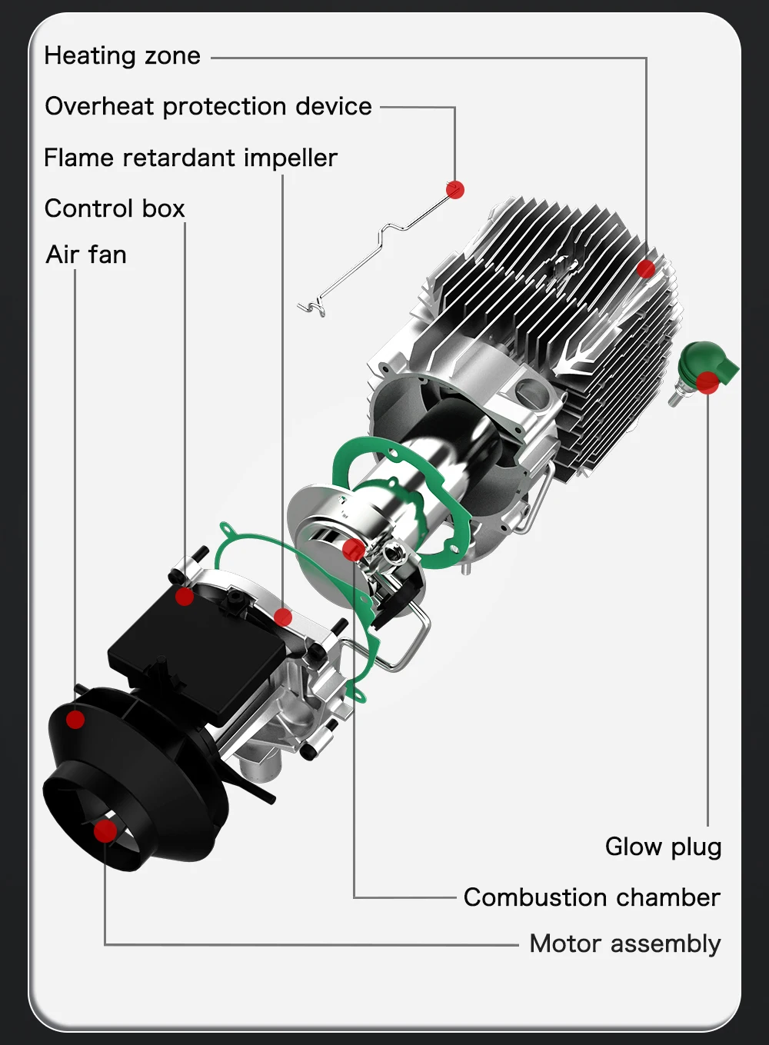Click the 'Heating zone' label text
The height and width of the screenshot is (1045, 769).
122,56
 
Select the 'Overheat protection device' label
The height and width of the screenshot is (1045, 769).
208,106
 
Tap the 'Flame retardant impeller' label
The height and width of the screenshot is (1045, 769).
191,158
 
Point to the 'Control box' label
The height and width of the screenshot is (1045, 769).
115,208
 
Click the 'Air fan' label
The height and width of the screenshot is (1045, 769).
86,255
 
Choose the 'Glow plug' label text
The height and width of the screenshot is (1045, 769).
663,847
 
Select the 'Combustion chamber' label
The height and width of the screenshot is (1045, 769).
591,897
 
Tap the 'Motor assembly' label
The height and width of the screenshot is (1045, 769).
624,943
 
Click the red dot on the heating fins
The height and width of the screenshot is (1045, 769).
646,268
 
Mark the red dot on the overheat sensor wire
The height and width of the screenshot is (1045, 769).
455,189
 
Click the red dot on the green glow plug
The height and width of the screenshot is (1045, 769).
707,382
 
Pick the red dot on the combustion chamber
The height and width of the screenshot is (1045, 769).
354,550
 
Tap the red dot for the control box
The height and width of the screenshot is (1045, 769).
185,596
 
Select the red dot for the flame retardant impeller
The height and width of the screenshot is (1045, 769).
283,617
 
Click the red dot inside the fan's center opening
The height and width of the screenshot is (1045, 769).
105,830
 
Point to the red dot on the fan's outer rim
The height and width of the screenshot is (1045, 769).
75,720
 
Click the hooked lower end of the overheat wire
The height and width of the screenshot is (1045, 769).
311,308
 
